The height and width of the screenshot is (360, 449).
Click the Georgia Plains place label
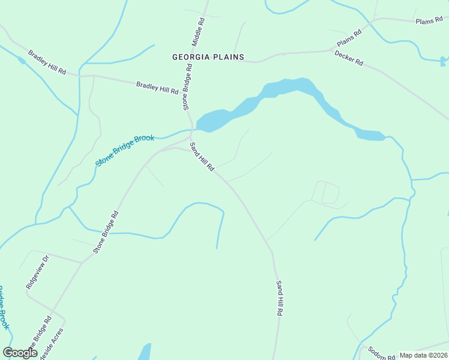click(208, 57)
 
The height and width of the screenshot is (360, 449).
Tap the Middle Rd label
click(199, 32)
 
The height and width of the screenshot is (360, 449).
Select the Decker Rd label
click(349, 58)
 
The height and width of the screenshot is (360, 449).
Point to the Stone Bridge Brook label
click(125, 150)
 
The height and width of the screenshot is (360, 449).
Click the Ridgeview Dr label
click(37, 272)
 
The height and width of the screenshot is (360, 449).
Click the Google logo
click(20, 353)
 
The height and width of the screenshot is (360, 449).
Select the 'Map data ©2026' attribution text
click(423, 355)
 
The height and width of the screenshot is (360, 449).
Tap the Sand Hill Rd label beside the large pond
click(202, 157)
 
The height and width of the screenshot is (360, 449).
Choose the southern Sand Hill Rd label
click(279, 298)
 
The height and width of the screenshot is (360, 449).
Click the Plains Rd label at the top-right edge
click(429, 21)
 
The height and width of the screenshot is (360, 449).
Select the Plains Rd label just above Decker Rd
click(349, 38)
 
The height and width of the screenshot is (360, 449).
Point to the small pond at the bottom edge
click(145, 352)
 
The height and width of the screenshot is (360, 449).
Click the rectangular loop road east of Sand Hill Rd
click(325, 192)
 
